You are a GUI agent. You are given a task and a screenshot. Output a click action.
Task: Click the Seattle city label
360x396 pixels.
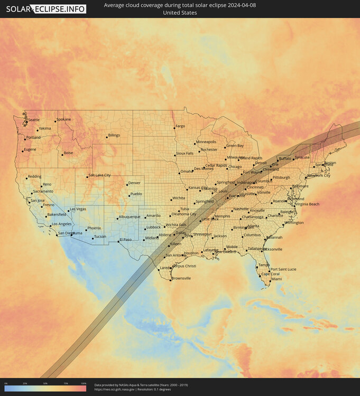[33, 120]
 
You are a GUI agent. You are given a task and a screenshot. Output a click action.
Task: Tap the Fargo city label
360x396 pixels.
[180, 126]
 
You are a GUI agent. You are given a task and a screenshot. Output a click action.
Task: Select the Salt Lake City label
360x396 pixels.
[99, 175]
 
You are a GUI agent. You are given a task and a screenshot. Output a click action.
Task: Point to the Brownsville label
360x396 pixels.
[181, 278]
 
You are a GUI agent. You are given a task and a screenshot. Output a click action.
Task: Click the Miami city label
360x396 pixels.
[276, 279]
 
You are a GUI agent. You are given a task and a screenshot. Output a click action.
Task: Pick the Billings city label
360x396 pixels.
[114, 135]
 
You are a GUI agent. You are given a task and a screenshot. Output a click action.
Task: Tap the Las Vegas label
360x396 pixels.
[78, 209]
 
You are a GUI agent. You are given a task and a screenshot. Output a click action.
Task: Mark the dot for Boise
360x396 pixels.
[62, 155]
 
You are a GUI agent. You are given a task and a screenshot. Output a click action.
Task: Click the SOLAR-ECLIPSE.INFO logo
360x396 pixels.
[45, 8]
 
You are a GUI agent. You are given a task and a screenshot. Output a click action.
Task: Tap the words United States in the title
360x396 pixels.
[180, 13]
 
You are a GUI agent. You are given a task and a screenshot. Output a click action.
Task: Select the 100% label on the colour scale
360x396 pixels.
[84, 383]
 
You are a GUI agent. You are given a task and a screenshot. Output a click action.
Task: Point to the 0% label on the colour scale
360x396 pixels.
[6, 383]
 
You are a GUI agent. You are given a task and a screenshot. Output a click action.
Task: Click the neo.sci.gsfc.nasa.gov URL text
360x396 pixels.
[114, 390]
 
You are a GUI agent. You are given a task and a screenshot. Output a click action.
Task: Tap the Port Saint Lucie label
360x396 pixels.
[283, 269]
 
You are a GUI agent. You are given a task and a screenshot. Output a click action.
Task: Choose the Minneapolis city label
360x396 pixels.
[206, 142]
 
